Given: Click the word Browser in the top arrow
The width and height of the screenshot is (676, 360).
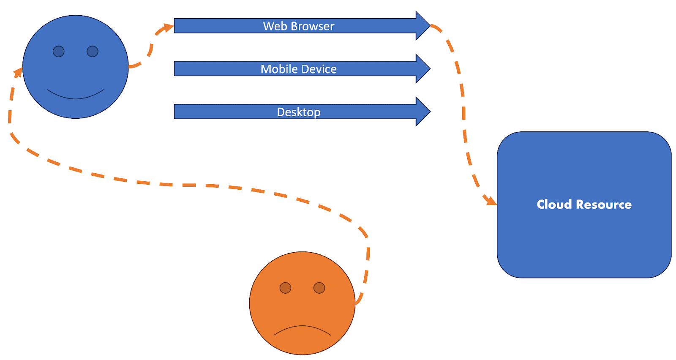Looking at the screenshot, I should (x=312, y=26).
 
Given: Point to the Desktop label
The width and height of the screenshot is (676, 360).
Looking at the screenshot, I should (x=298, y=112).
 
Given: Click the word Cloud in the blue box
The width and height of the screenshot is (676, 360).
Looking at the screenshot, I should (x=554, y=205).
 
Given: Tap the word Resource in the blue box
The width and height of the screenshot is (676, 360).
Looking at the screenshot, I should (x=604, y=205).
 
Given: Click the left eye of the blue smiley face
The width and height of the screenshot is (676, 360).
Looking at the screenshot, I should (x=58, y=52).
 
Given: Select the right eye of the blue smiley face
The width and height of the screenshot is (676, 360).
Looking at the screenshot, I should (x=93, y=52).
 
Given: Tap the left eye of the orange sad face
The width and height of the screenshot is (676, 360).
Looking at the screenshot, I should (x=285, y=288).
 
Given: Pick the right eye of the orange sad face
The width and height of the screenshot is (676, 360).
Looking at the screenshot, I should (x=319, y=288).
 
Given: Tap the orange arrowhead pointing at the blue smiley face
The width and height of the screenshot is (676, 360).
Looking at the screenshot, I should (x=18, y=73).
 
